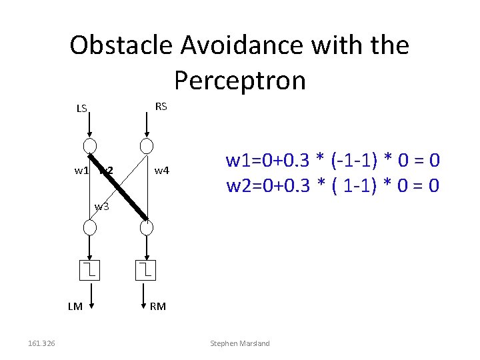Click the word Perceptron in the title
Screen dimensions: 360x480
[239, 81]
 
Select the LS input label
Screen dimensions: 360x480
[81, 109]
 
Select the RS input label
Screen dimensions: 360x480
[161, 107]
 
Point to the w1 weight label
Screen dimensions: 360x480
[81, 171]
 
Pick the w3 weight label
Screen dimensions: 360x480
[101, 206]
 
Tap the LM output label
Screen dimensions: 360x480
[75, 307]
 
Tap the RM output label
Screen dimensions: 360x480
[158, 307]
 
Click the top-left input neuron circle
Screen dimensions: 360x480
[90, 147]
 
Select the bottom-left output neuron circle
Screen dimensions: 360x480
[90, 227]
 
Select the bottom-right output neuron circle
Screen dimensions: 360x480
[147, 227]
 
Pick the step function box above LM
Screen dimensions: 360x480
[90, 270]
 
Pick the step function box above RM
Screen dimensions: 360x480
[147, 270]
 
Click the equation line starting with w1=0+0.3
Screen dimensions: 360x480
[333, 161]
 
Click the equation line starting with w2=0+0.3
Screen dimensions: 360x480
[333, 185]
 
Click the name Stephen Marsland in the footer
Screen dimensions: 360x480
[240, 343]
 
